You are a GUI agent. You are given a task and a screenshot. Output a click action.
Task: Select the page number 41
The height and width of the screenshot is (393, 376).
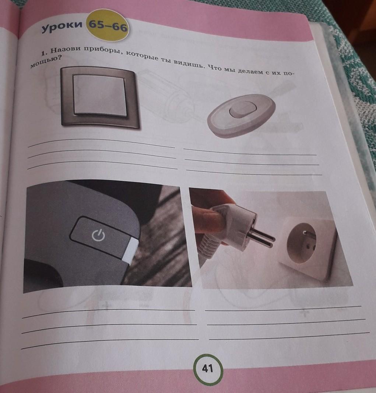point(208,368)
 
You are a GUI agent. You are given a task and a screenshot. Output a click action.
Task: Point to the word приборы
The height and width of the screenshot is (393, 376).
point(103,51)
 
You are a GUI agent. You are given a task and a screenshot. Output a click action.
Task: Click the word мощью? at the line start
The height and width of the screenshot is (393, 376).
point(46,63)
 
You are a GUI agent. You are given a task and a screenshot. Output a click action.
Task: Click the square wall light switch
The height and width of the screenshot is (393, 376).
point(99,98)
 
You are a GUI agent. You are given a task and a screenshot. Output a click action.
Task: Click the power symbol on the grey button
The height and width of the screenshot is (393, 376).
point(98,235)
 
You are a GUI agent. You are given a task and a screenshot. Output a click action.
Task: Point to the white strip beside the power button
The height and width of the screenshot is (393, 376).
point(131,249)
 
